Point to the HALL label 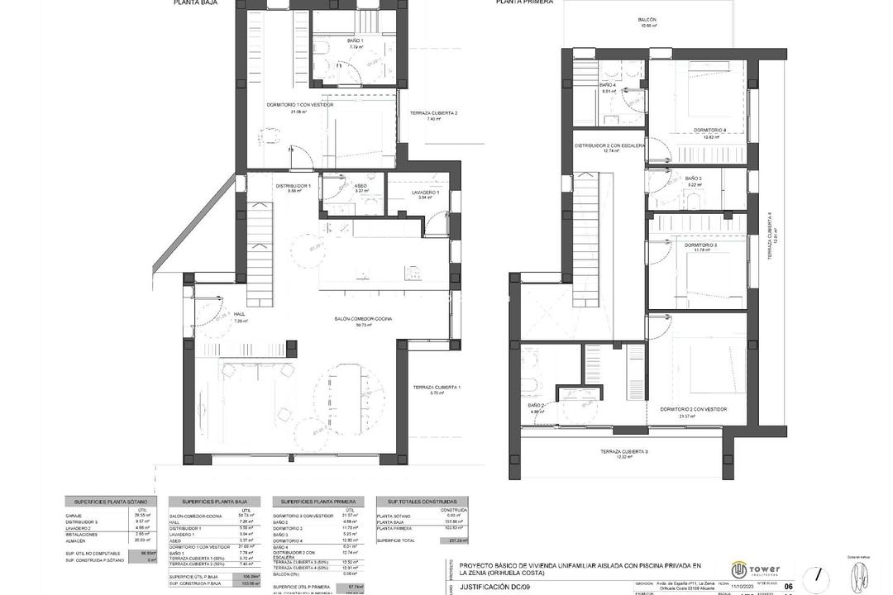(x=240, y=314)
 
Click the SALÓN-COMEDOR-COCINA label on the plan (x=363, y=319)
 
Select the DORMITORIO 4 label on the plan (x=709, y=130)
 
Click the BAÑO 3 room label (x=693, y=179)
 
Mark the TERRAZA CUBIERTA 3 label (x=624, y=451)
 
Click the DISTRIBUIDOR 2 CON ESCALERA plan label (x=609, y=145)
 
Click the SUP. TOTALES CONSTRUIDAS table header (x=422, y=502)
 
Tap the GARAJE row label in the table (x=75, y=514)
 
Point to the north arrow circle (x=817, y=574)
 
